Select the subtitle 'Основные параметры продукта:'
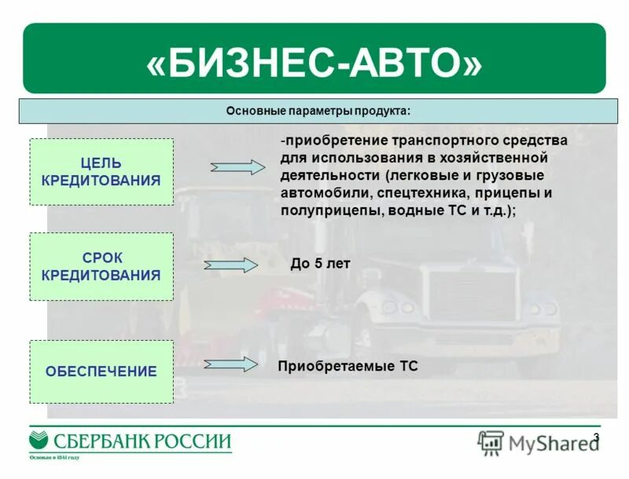(318, 111)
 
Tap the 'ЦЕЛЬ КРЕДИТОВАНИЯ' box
(101, 172)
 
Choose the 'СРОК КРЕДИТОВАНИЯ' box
(101, 266)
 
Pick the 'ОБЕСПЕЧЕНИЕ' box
(101, 371)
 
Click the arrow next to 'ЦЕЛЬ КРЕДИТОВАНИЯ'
(238, 166)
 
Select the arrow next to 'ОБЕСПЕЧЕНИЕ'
(231, 364)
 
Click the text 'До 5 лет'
(319, 264)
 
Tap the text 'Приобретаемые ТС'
(348, 366)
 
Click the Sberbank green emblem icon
(39, 440)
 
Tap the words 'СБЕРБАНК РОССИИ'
(142, 441)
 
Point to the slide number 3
(596, 437)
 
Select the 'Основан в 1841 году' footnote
(55, 457)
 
